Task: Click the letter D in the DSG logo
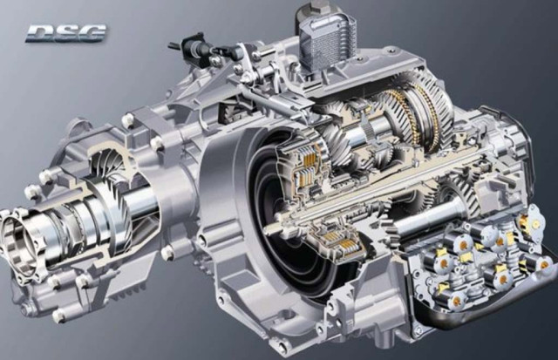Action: pyautogui.click(x=40, y=33)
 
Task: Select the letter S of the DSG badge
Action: pyautogui.click(x=66, y=33)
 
